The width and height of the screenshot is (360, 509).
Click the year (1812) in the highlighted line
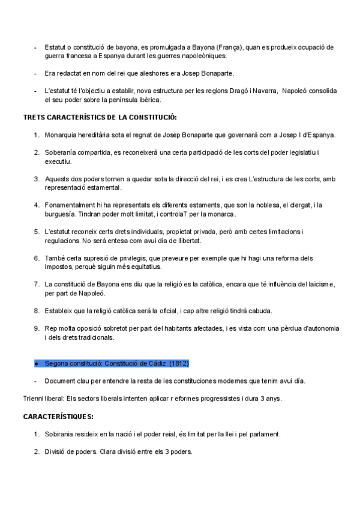pyautogui.click(x=179, y=364)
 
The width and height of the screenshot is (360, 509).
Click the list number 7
pyautogui.click(x=37, y=283)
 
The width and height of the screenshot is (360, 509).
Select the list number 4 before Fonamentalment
pyautogui.click(x=37, y=205)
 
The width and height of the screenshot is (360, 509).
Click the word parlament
pyautogui.click(x=263, y=434)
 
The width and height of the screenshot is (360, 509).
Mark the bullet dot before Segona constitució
pyautogui.click(x=37, y=364)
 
